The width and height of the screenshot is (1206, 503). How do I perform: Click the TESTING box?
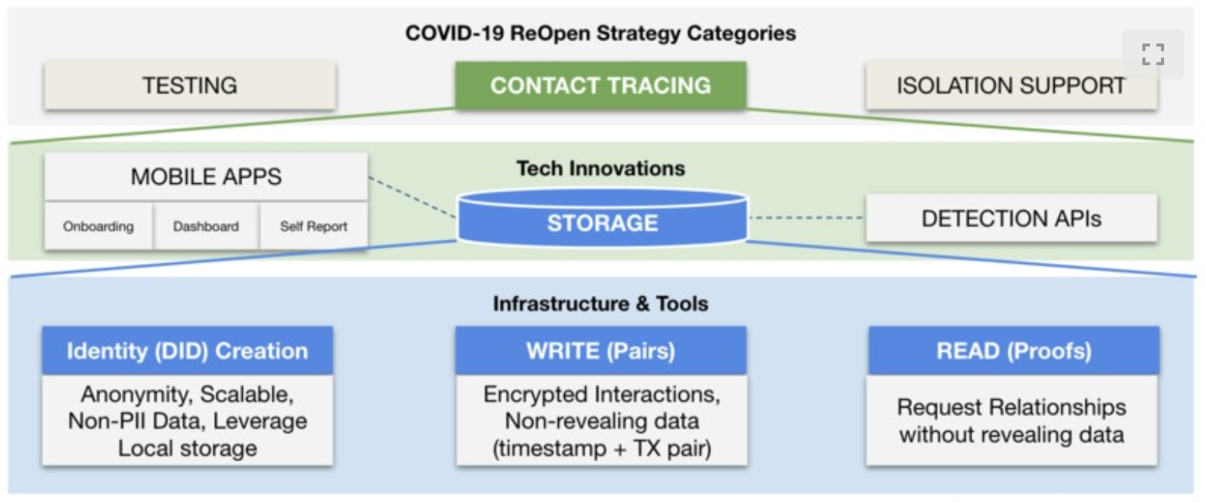190,85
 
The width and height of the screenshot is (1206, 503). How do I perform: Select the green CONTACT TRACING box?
601,85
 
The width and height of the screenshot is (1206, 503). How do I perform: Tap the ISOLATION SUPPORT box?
1011,85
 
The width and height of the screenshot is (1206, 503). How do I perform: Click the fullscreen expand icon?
1153,54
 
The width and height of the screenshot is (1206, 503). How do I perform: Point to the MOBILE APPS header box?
206,177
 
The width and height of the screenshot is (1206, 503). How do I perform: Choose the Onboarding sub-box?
99,226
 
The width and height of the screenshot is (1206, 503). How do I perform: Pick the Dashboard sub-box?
206,226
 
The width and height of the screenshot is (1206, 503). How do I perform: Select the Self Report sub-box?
314,226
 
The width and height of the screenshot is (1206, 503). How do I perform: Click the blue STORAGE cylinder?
602,218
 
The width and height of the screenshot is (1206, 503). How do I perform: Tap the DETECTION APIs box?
1012,218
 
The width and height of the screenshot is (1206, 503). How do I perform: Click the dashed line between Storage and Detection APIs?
807,217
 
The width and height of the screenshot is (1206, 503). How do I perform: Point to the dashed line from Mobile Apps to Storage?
412,197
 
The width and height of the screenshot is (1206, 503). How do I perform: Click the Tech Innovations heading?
601,168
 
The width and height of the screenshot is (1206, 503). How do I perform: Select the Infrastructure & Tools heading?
601,304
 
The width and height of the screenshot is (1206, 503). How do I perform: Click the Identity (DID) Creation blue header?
187,351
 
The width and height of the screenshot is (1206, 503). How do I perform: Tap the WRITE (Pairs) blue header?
601,351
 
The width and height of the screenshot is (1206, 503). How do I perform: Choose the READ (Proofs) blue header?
1014,351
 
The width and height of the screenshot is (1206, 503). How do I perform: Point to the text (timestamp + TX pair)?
602,448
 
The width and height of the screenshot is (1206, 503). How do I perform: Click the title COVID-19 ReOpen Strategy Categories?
601,33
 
